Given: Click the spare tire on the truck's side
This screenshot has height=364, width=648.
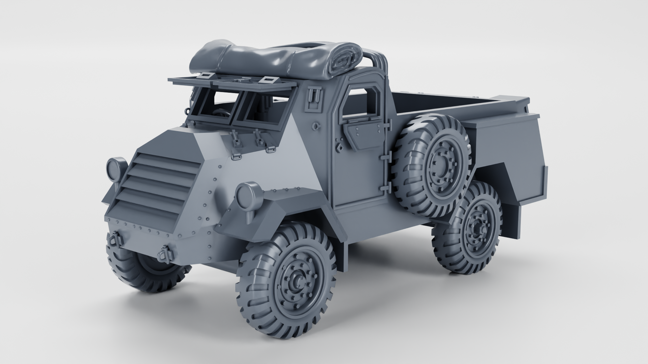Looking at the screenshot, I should pyautogui.click(x=434, y=165).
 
